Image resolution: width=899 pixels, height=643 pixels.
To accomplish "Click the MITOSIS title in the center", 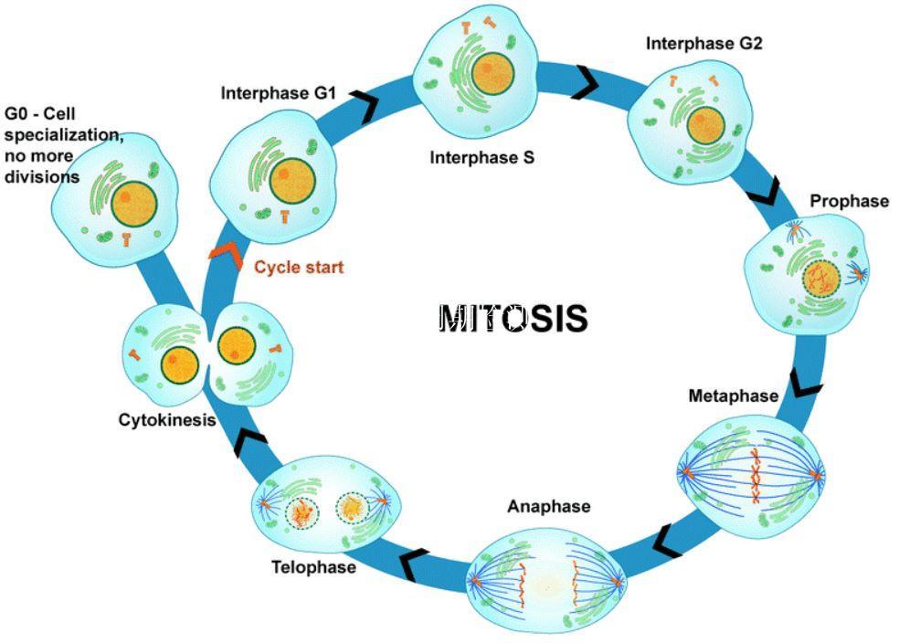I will click(x=513, y=318).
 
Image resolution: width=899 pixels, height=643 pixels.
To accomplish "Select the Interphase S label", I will click(x=481, y=157).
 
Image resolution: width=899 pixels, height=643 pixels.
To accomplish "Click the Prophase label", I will click(x=849, y=201).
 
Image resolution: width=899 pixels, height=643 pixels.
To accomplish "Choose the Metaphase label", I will click(x=734, y=395).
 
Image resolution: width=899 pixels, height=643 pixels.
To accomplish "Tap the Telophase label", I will click(x=313, y=566).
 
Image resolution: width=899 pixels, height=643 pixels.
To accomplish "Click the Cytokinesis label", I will click(x=166, y=420).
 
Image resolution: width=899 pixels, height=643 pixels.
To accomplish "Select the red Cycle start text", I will click(x=299, y=268).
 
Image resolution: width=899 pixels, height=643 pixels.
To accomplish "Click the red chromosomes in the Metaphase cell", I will click(x=756, y=476).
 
